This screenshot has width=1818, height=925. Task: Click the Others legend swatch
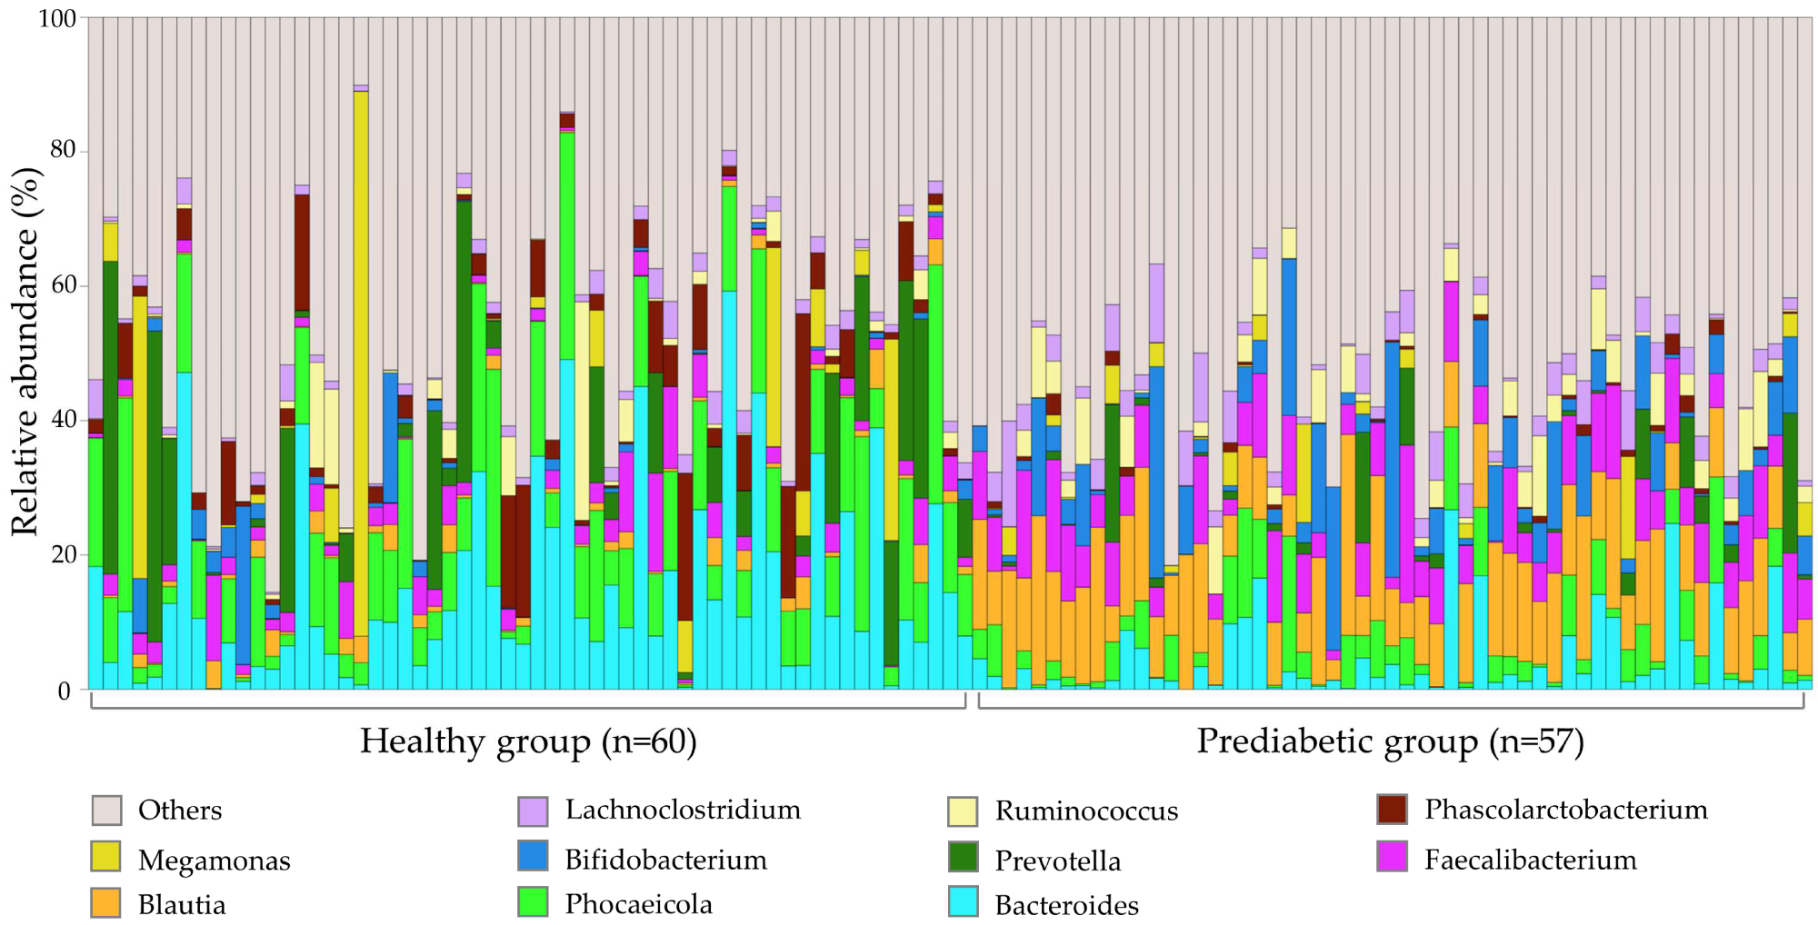(x=106, y=810)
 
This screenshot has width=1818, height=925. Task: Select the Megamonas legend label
(x=214, y=860)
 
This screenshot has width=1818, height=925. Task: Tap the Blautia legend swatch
(x=106, y=902)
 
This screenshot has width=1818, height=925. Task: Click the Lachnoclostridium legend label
(x=683, y=810)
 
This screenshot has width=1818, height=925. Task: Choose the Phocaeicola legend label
(x=638, y=904)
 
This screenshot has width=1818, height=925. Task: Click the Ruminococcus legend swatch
(x=963, y=811)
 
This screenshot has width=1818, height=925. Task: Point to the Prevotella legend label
(x=1057, y=860)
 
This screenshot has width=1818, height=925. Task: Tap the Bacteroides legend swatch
(x=963, y=902)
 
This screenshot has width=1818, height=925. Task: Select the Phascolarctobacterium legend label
(x=1565, y=810)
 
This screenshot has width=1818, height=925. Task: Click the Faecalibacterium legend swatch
(x=1393, y=857)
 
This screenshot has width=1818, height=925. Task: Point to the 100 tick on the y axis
(x=56, y=18)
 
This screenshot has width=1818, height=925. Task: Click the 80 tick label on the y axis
(x=62, y=151)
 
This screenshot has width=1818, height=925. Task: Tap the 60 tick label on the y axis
(x=62, y=285)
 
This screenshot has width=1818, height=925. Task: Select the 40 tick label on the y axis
(x=62, y=420)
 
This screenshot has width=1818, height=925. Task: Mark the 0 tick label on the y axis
(x=65, y=691)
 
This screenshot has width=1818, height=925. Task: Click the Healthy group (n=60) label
(x=528, y=741)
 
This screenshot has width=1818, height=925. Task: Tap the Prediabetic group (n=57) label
(x=1390, y=741)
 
